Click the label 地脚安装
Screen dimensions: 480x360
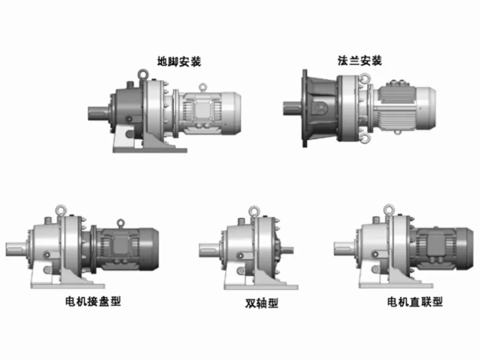click(179, 62)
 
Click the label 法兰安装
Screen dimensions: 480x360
click(360, 61)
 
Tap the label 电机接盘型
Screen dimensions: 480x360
click(93, 301)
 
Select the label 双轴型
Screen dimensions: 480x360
click(261, 303)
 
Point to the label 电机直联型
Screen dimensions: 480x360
click(415, 302)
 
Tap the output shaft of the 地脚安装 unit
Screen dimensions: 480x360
click(99, 113)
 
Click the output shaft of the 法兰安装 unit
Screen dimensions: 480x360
click(293, 108)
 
